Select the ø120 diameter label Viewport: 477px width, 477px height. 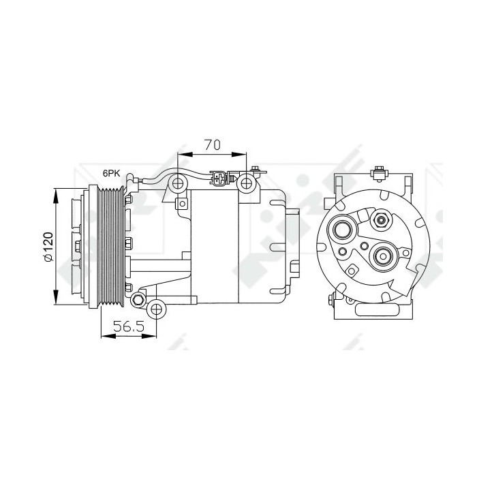(x=48, y=248)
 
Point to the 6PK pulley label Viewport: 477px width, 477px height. (x=111, y=174)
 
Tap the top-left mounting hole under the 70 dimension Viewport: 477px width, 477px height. (x=179, y=183)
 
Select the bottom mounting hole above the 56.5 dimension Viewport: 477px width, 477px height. (x=157, y=310)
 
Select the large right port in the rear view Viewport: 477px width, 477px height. (x=382, y=257)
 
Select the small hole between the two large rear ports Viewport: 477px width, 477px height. (x=364, y=246)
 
